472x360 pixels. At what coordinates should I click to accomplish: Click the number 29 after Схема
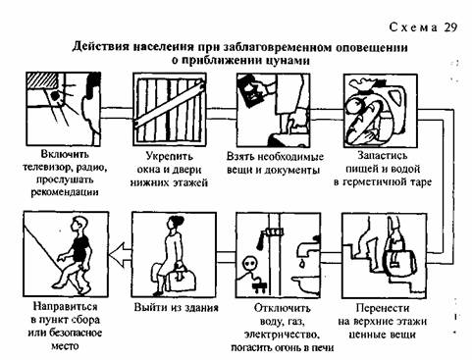click(450, 27)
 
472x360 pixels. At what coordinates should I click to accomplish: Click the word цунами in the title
click(288, 61)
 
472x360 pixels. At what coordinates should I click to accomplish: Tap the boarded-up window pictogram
click(170, 109)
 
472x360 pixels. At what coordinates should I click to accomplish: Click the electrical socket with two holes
click(250, 263)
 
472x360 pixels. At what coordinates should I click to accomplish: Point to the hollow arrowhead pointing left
click(121, 255)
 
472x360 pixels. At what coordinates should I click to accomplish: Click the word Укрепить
click(170, 156)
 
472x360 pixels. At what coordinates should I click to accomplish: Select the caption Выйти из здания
click(176, 308)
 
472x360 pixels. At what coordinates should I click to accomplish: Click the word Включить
click(65, 154)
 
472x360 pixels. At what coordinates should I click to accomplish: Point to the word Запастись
click(383, 156)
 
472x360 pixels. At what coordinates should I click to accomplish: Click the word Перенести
click(383, 308)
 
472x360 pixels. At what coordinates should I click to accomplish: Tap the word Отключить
click(282, 308)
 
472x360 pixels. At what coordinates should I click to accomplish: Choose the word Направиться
click(66, 307)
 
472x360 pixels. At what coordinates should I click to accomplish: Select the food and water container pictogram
click(380, 111)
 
